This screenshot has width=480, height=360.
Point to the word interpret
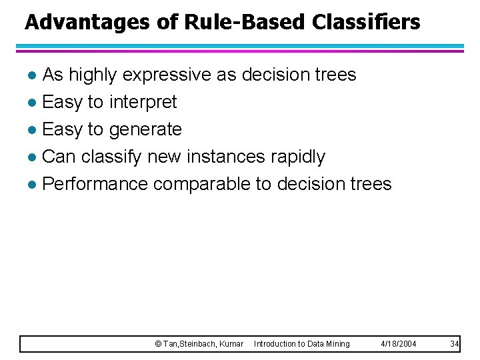[x=143, y=102]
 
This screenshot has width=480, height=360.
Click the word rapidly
[x=298, y=157]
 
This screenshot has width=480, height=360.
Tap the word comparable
[x=201, y=183]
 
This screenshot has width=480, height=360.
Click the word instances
[x=226, y=157]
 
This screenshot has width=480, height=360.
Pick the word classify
[x=111, y=157]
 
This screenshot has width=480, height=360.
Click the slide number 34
[x=455, y=344]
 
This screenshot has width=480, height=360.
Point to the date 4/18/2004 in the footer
[x=399, y=344]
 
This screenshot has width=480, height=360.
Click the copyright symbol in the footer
[x=158, y=344]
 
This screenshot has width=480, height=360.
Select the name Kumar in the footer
[x=231, y=344]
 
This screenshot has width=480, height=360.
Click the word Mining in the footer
[x=338, y=344]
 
